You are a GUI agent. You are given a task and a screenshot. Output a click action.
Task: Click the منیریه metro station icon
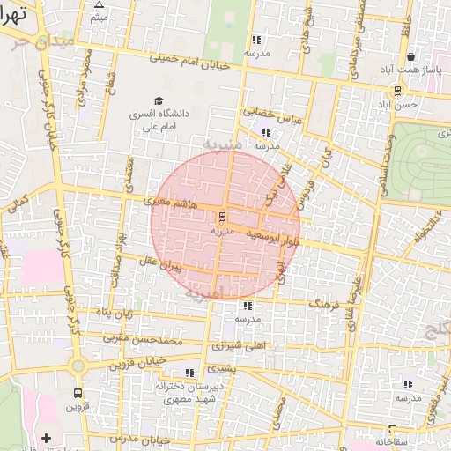click(x=222, y=215)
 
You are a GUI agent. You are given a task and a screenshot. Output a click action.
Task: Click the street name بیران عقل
click(x=159, y=262)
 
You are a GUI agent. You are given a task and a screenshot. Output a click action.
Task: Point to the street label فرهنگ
click(x=323, y=302)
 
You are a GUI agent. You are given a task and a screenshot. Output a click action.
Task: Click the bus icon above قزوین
click(x=78, y=393)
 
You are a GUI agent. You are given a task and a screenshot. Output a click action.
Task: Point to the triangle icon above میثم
click(x=99, y=4)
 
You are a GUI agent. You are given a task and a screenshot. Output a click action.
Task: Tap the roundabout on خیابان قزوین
click(x=78, y=365)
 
